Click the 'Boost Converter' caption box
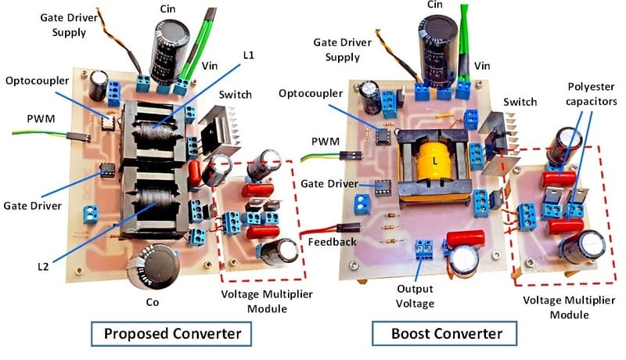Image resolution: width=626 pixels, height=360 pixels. [448, 334]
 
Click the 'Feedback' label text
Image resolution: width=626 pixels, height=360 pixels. [331, 242]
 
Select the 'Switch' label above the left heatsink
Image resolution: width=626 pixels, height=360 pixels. [236, 95]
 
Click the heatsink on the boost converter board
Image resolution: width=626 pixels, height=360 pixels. [498, 141]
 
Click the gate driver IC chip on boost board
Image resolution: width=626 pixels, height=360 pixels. [382, 188]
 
